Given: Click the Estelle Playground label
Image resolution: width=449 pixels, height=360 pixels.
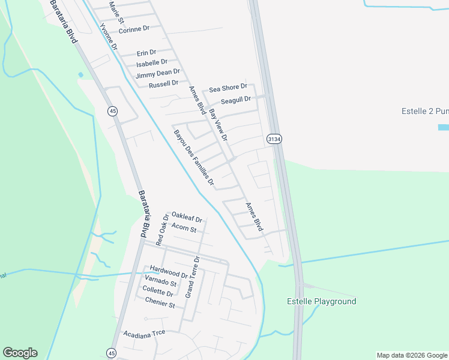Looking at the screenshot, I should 322,302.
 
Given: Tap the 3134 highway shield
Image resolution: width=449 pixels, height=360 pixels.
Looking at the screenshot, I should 274,139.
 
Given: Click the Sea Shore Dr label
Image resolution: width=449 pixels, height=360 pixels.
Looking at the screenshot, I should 228,88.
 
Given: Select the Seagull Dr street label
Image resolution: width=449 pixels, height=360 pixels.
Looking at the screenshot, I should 235,100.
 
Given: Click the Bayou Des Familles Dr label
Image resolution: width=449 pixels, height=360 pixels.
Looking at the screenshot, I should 194,157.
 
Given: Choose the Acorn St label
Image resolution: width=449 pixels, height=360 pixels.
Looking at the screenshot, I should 184,228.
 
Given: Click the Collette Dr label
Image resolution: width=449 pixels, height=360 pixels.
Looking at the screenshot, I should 157,294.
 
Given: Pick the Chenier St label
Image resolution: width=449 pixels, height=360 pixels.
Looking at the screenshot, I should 159,305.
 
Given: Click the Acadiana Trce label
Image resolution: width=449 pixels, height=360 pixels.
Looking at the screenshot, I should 143,333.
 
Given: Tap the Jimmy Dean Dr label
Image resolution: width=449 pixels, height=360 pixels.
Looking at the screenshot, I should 157,74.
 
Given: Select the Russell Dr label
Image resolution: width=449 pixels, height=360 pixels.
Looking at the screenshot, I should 163,83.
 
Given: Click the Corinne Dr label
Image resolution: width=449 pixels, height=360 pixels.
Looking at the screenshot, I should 134,29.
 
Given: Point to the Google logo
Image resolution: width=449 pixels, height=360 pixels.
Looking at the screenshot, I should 20,353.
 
